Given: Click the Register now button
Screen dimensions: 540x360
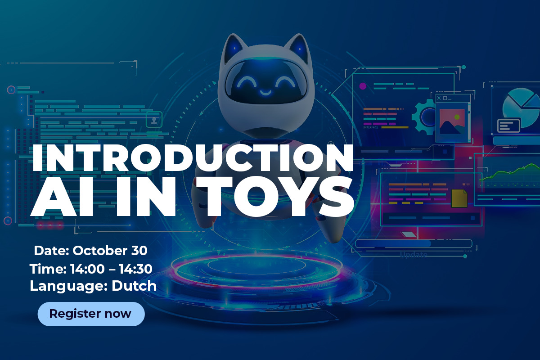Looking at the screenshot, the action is click(91, 314).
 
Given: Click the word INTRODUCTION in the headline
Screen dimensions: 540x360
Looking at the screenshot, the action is click(193, 158).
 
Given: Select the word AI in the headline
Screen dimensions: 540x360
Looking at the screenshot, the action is click(62, 197).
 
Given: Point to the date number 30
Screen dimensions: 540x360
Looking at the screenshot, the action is click(139, 251).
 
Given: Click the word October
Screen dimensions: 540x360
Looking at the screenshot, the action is click(100, 251).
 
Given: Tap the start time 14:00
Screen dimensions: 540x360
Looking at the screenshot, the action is click(87, 269).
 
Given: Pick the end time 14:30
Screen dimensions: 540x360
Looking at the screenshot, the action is click(135, 269).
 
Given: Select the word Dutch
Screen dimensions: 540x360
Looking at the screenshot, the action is click(134, 286).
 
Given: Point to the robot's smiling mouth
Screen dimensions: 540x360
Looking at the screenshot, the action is click(265, 92).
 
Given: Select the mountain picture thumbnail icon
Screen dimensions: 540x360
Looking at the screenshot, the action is click(452, 121).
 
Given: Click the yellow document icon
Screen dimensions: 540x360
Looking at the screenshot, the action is click(459, 198).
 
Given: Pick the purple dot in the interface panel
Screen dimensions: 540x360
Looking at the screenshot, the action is click(363, 86).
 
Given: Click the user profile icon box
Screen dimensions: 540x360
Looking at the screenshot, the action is click(154, 120).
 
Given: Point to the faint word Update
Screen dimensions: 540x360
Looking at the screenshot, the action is click(414, 255).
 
